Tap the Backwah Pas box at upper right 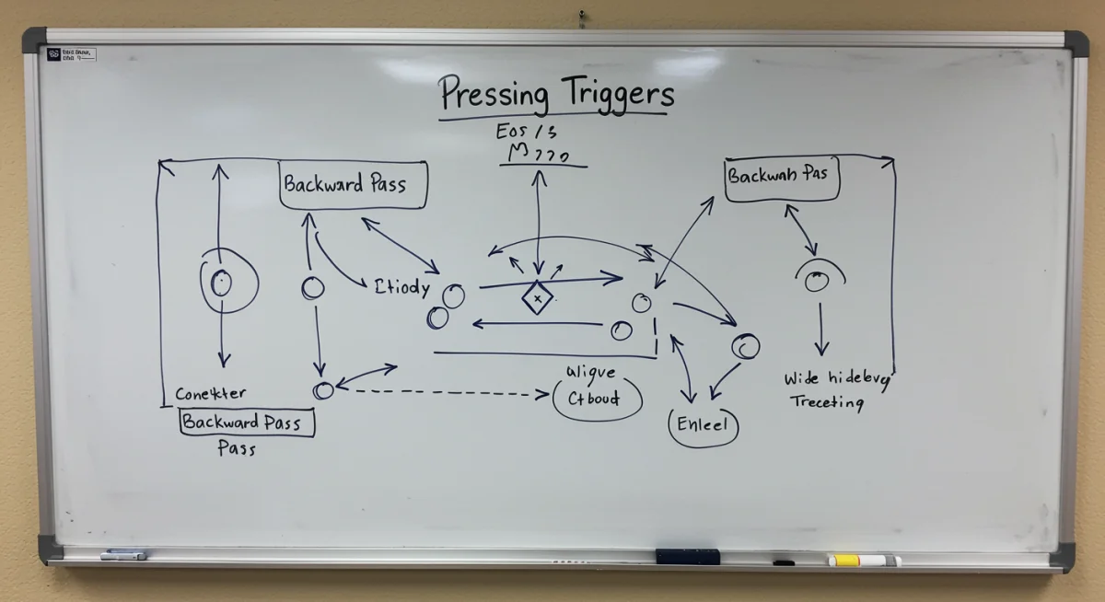tap(782, 176)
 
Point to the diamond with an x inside tap(537, 298)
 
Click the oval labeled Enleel tap(703, 425)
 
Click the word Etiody tap(402, 286)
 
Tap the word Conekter tap(211, 394)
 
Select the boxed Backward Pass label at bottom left tap(245, 423)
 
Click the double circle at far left tap(221, 283)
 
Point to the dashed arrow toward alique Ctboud tap(442, 393)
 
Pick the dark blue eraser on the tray tap(687, 556)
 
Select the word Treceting tap(827, 402)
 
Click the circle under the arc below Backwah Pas tap(816, 282)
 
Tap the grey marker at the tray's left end tap(123, 555)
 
